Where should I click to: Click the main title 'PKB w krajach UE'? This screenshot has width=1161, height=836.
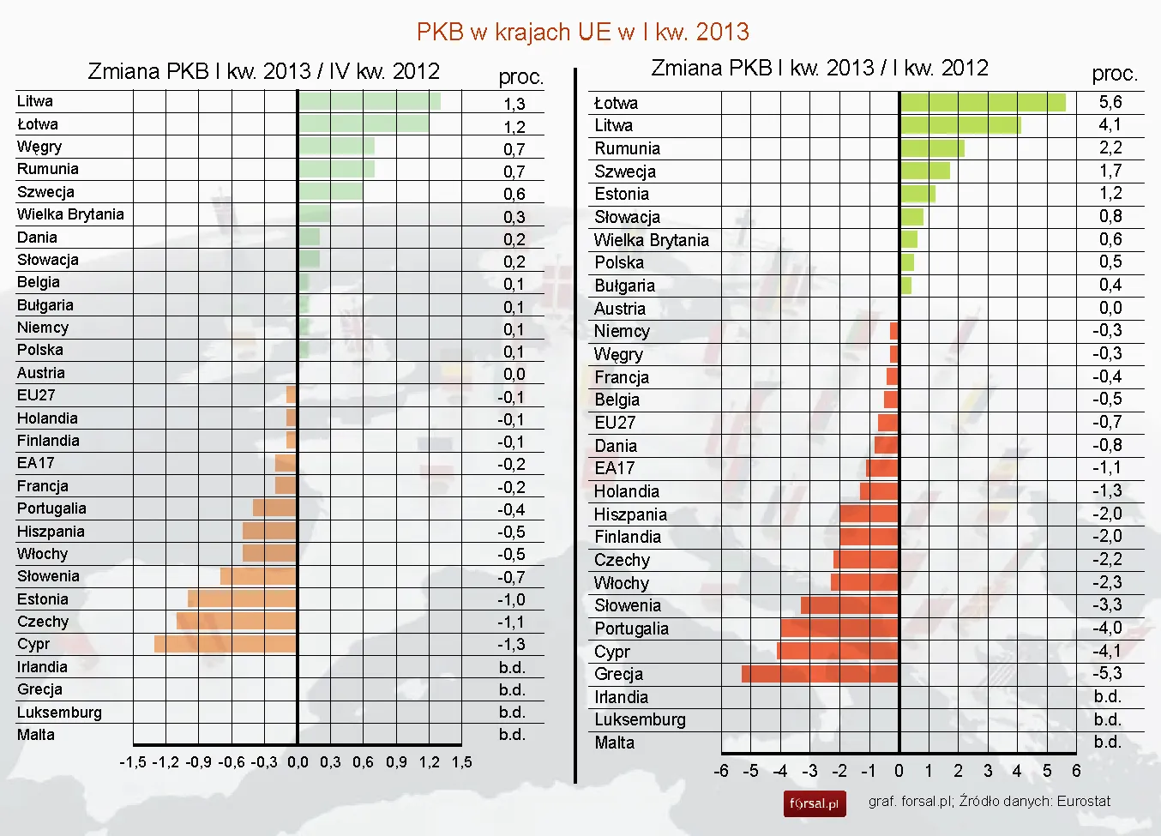[582, 32]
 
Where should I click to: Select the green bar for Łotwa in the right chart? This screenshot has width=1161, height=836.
[983, 103]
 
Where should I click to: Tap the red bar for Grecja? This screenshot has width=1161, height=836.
[820, 674]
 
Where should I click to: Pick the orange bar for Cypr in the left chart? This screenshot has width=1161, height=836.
[226, 644]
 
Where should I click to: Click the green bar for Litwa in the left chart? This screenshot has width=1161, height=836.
[370, 101]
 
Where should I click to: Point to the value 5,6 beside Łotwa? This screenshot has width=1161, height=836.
[1110, 102]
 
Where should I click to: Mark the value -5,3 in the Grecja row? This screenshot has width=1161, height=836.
[1107, 673]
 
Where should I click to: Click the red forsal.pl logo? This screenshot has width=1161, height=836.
[814, 803]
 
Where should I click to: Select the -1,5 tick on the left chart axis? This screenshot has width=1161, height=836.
[133, 762]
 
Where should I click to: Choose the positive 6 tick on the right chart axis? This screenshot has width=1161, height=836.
[1076, 771]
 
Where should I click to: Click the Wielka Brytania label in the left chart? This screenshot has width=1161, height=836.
[70, 214]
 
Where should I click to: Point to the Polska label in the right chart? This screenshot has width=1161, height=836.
[619, 262]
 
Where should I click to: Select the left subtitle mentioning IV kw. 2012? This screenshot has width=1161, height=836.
[263, 71]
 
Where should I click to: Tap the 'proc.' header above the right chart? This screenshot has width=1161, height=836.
[1115, 74]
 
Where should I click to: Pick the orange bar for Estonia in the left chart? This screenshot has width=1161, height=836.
[242, 598]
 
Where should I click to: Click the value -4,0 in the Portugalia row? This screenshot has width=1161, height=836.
[1107, 628]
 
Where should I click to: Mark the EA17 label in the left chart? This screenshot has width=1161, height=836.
[36, 463]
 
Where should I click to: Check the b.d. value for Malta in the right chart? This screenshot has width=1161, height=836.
[1107, 742]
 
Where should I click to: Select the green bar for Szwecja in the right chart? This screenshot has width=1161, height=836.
[925, 171]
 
